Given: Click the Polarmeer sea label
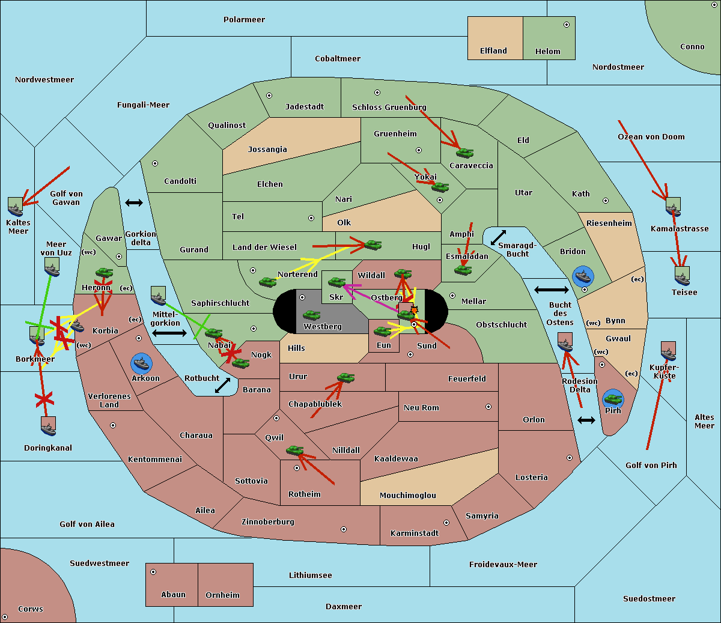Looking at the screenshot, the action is pyautogui.click(x=244, y=20).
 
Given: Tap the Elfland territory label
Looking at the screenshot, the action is pyautogui.click(x=493, y=51).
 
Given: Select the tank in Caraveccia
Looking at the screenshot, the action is pyautogui.click(x=464, y=153).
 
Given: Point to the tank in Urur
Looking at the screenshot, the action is pyautogui.click(x=345, y=378).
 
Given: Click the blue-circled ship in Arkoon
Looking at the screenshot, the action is pyautogui.click(x=141, y=363).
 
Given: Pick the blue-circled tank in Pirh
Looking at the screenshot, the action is pyautogui.click(x=613, y=399).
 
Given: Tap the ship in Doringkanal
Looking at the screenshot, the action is pyautogui.click(x=48, y=427).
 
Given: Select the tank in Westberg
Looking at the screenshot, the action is pyautogui.click(x=311, y=315).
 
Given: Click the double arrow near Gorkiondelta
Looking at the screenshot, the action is pyautogui.click(x=134, y=202).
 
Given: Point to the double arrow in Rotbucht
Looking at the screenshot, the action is pyautogui.click(x=222, y=385).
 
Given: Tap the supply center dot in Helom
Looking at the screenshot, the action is pyautogui.click(x=567, y=25).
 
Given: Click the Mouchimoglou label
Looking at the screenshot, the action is pyautogui.click(x=408, y=495).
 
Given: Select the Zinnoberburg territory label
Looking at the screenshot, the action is pyautogui.click(x=268, y=522).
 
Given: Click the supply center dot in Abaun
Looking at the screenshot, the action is pyautogui.click(x=153, y=572).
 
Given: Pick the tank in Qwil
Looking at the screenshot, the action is pyautogui.click(x=295, y=450).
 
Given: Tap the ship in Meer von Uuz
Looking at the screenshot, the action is pyautogui.click(x=52, y=267).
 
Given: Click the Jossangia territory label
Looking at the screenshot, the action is pyautogui.click(x=267, y=150).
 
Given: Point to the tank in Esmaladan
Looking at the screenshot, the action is pyautogui.click(x=463, y=270).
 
